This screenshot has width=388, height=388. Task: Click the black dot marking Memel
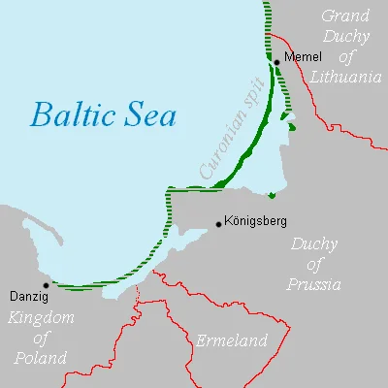(x=276, y=62)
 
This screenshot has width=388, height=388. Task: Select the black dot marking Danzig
(x=45, y=285)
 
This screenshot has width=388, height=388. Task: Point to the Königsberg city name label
(x=255, y=221)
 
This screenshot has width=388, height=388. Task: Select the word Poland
(x=40, y=358)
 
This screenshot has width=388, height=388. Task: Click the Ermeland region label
(x=230, y=341)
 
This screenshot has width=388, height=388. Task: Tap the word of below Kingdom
(x=41, y=338)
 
